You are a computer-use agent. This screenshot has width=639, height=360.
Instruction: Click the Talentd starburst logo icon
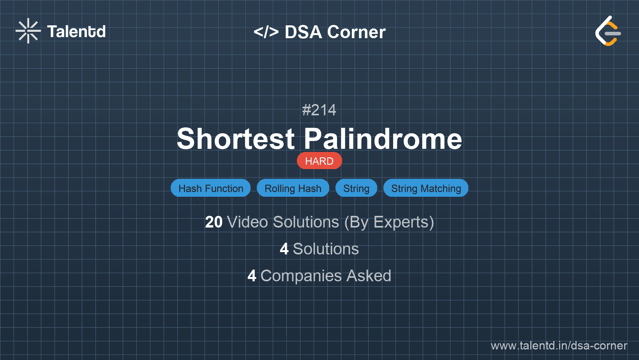28,31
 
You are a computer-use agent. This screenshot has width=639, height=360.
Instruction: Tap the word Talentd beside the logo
76,32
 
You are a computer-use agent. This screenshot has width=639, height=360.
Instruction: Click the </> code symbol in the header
266,32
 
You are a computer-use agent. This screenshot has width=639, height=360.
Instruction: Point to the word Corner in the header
357,32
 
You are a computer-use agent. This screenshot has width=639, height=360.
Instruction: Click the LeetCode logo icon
608,31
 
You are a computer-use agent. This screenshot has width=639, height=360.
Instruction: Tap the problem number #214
319,110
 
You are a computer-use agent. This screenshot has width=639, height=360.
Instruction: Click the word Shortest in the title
236,139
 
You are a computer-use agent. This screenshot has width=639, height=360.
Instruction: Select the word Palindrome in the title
383,139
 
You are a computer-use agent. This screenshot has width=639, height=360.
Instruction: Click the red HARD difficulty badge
319,161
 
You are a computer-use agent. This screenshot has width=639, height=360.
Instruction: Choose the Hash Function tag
211,188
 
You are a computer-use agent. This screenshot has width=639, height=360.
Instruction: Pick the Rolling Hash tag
293,188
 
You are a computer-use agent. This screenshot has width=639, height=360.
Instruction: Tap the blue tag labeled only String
356,188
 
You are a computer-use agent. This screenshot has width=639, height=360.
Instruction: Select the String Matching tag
426,188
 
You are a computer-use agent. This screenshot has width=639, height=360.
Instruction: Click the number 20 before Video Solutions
214,222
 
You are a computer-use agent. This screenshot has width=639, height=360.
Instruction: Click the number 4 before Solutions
284,249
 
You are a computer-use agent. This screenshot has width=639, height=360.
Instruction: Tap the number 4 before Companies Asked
252,276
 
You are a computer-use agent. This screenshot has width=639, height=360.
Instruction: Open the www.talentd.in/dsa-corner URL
559,346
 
